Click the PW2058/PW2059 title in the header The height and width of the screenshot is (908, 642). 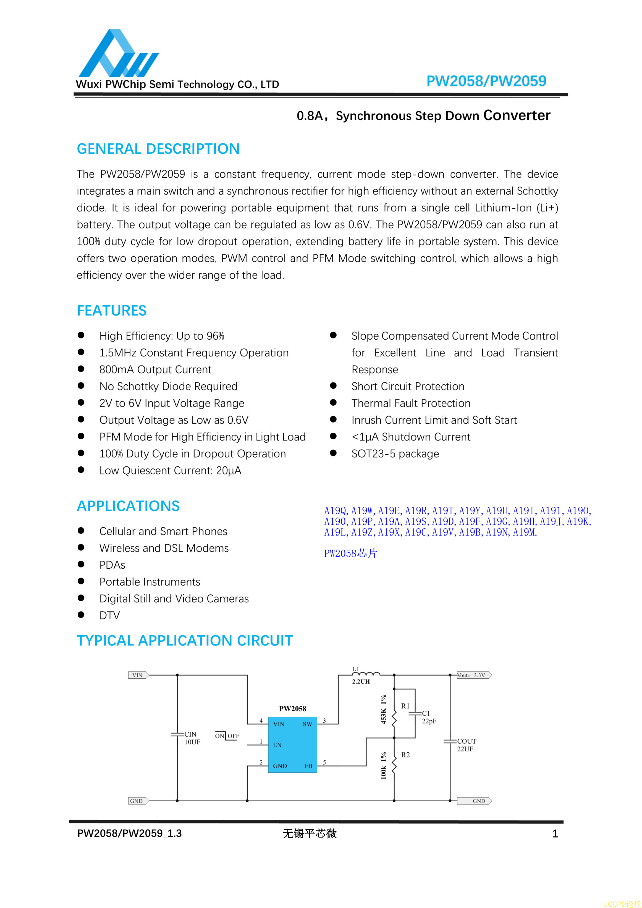click(486, 81)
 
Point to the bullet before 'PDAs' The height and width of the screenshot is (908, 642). click(81, 564)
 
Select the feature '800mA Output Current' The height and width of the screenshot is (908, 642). click(155, 369)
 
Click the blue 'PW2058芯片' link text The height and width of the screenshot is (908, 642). click(350, 553)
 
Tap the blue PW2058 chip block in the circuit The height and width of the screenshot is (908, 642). click(292, 744)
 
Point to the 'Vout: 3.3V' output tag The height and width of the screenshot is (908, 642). click(473, 675)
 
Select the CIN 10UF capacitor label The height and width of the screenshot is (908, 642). click(192, 738)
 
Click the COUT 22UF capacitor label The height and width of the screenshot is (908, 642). click(467, 745)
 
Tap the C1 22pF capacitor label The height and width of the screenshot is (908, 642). click(428, 717)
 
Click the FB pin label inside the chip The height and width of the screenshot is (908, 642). click(308, 766)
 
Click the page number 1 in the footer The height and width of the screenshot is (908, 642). click(555, 834)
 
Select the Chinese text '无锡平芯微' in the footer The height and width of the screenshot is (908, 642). click(309, 834)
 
